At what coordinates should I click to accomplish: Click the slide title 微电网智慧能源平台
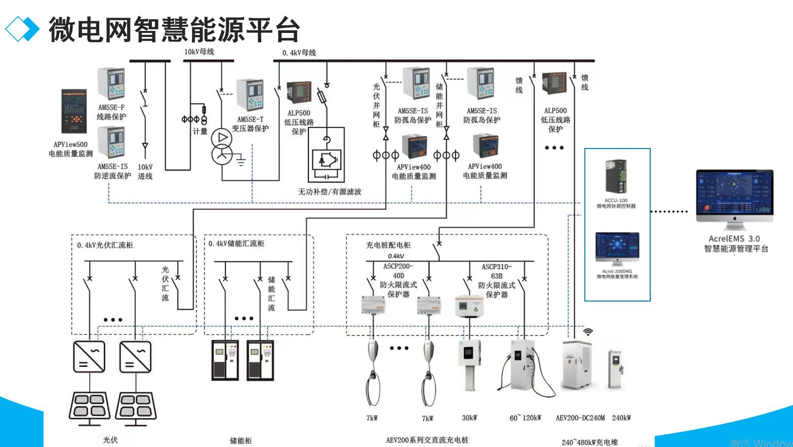click(x=174, y=29)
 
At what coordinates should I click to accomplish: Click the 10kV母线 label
click(x=199, y=52)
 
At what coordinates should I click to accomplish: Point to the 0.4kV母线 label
click(x=299, y=53)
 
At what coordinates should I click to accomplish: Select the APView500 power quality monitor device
click(x=74, y=111)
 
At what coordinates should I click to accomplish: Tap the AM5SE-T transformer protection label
click(x=250, y=124)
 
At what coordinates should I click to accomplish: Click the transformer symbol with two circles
click(x=222, y=146)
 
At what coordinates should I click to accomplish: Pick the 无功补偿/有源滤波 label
click(x=330, y=192)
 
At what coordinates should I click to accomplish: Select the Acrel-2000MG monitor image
click(x=617, y=249)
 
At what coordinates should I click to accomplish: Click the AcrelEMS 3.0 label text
click(x=734, y=239)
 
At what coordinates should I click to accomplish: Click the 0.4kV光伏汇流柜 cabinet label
click(x=105, y=245)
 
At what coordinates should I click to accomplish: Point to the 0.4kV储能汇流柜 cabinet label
click(x=236, y=244)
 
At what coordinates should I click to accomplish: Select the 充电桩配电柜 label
click(x=388, y=245)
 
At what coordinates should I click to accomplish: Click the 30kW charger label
click(x=469, y=418)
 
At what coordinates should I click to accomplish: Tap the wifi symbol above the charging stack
click(x=588, y=332)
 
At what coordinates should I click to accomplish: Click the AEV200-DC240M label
click(x=580, y=418)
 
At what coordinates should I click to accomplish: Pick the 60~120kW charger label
click(x=526, y=418)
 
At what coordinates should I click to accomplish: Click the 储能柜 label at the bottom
click(x=241, y=440)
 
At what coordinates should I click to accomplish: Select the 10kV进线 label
click(x=145, y=171)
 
